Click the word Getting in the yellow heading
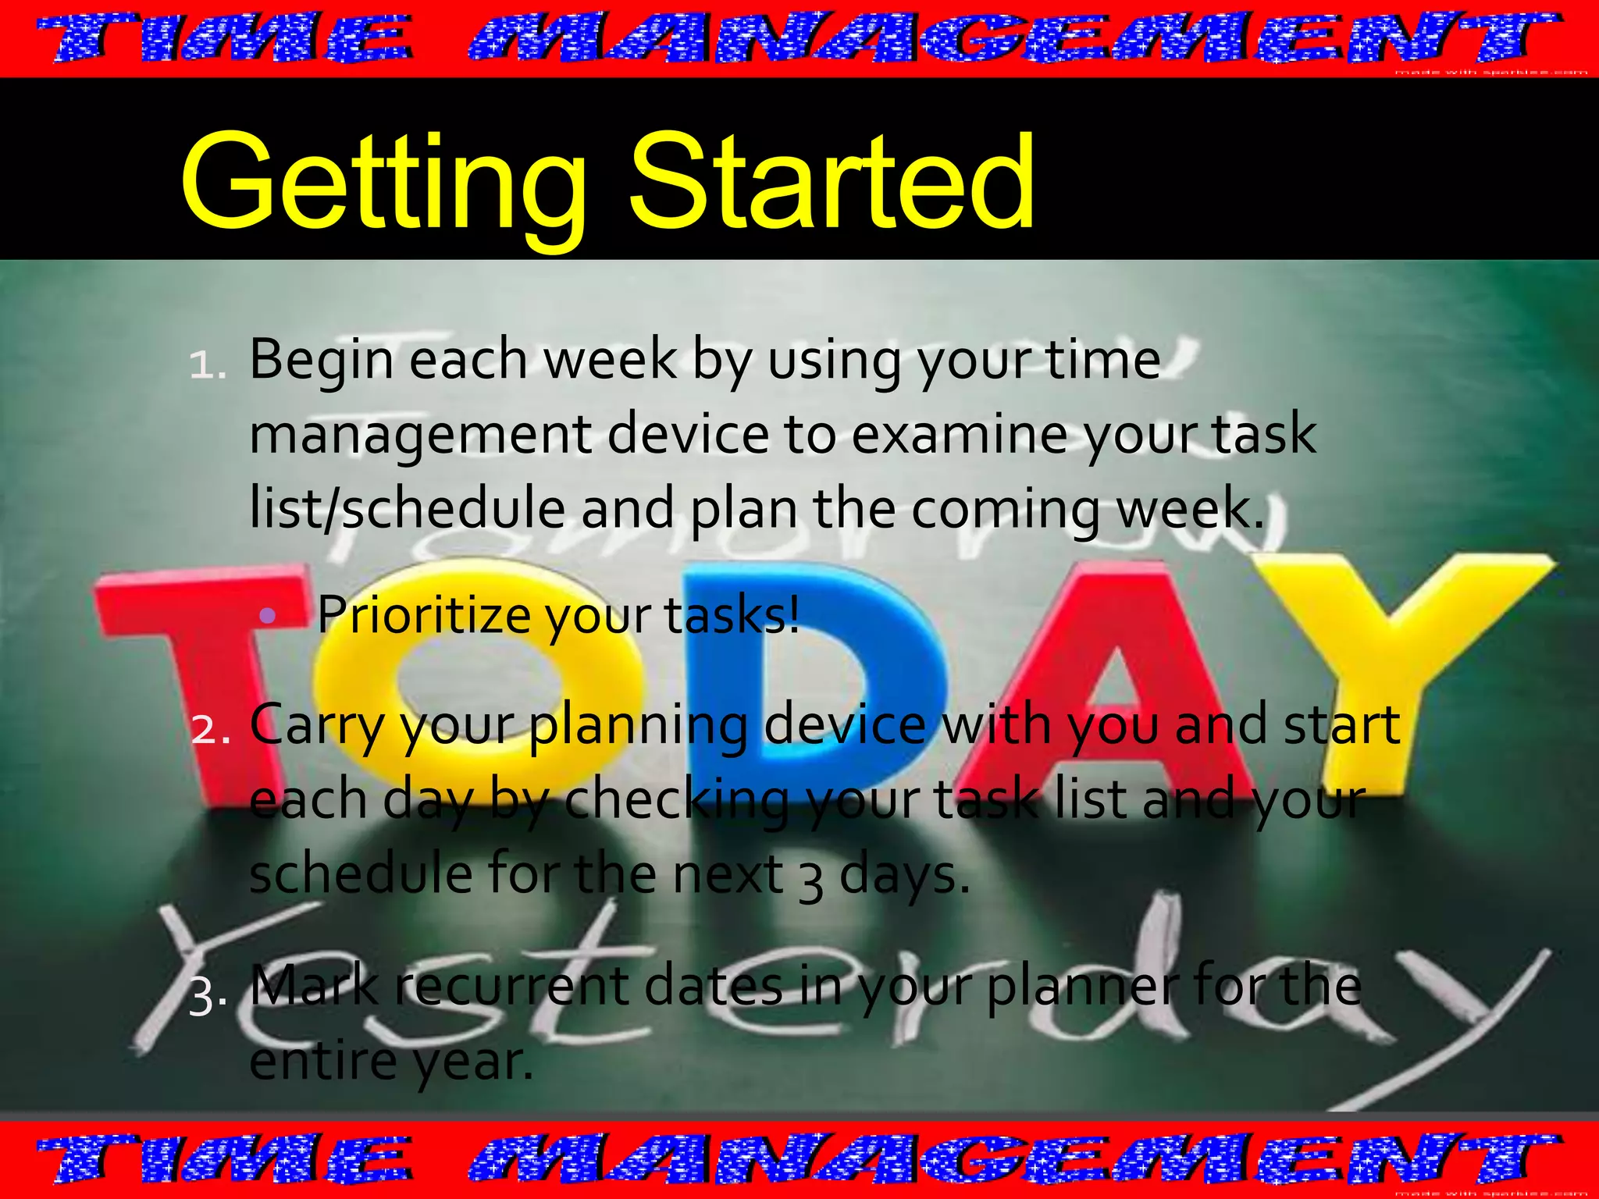pos(383,183)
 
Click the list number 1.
pos(208,365)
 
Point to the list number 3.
pos(208,998)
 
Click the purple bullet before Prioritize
pos(268,616)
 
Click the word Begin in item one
pos(321,361)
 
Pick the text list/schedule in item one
pos(407,507)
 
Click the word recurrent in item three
pos(511,986)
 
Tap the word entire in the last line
pos(323,1062)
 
